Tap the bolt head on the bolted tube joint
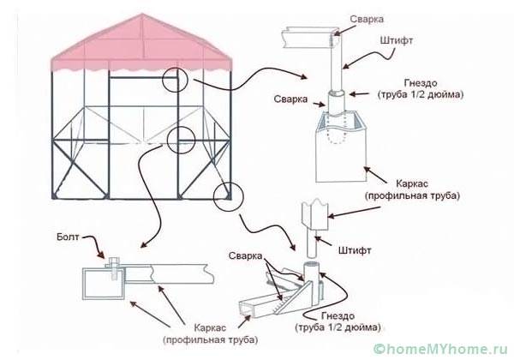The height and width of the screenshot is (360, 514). [111, 263]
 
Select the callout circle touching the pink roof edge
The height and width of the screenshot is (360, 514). [176, 80]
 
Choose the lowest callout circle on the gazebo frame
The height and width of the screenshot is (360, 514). [226, 195]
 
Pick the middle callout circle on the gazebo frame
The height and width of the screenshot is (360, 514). [184, 141]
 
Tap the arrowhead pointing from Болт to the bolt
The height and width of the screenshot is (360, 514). [109, 255]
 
